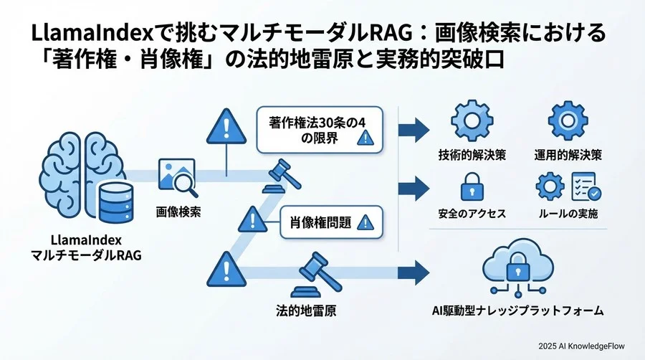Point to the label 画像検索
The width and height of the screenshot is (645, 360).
[x=178, y=213]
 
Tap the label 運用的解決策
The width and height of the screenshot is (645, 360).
[x=567, y=155]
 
